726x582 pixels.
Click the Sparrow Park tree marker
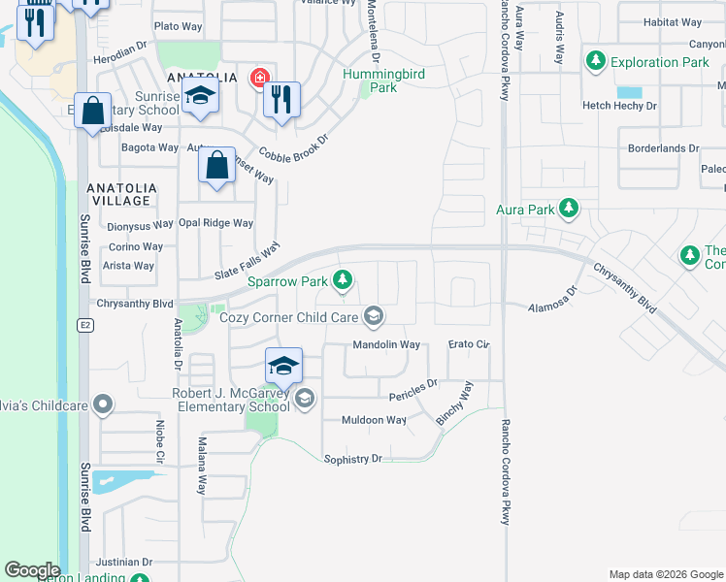342,281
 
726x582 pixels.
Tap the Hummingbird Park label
382,81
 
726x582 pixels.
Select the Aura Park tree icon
568,209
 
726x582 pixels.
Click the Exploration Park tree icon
596,62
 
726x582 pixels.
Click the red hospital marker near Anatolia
259,78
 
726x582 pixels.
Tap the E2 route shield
84,323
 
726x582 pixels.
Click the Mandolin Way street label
386,344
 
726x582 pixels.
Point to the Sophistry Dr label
353,458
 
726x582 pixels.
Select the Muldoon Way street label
374,420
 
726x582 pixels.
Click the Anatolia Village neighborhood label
119,193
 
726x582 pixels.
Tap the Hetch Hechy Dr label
619,106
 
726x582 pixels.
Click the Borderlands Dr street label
663,148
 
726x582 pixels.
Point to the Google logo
32,570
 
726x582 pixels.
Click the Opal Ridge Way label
215,223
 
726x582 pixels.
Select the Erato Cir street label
469,344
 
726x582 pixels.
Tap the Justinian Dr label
123,562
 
